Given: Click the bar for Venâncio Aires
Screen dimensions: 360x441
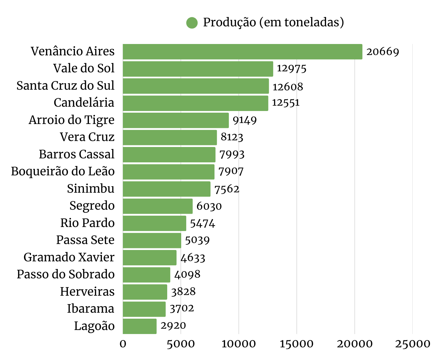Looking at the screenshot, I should tap(242, 52).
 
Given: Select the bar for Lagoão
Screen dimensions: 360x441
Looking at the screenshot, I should tap(140, 326).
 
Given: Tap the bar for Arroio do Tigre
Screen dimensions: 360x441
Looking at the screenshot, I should tap(176, 120).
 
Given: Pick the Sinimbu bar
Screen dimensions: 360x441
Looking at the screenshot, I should tap(167, 189).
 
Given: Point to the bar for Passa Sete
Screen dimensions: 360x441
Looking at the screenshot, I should tap(152, 240).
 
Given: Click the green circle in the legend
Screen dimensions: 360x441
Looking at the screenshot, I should tap(192, 23).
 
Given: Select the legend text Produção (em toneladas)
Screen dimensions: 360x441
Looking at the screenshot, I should tap(273, 22).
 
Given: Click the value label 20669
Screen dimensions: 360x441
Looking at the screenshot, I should tap(382, 52).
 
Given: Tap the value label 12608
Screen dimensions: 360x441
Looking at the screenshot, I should tap(288, 87).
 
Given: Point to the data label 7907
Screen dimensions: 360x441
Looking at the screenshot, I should tap(231, 171).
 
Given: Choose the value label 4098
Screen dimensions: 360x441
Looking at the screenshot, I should tap(187, 274).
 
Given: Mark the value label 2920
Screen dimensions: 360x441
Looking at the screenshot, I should tap(173, 325).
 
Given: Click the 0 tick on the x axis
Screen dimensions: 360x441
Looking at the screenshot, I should tap(123, 344).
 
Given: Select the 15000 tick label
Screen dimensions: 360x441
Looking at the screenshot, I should tap(296, 344).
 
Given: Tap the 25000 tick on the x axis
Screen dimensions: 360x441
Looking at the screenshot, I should tap(412, 344).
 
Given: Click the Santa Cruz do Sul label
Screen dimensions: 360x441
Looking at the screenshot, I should tap(65, 86).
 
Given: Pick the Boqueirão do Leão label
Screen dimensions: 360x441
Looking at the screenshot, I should tap(63, 171).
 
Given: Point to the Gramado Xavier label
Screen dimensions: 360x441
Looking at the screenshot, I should tap(69, 257).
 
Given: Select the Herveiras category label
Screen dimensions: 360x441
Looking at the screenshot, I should tap(87, 292).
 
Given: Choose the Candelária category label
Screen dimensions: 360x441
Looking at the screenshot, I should tap(84, 103).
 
